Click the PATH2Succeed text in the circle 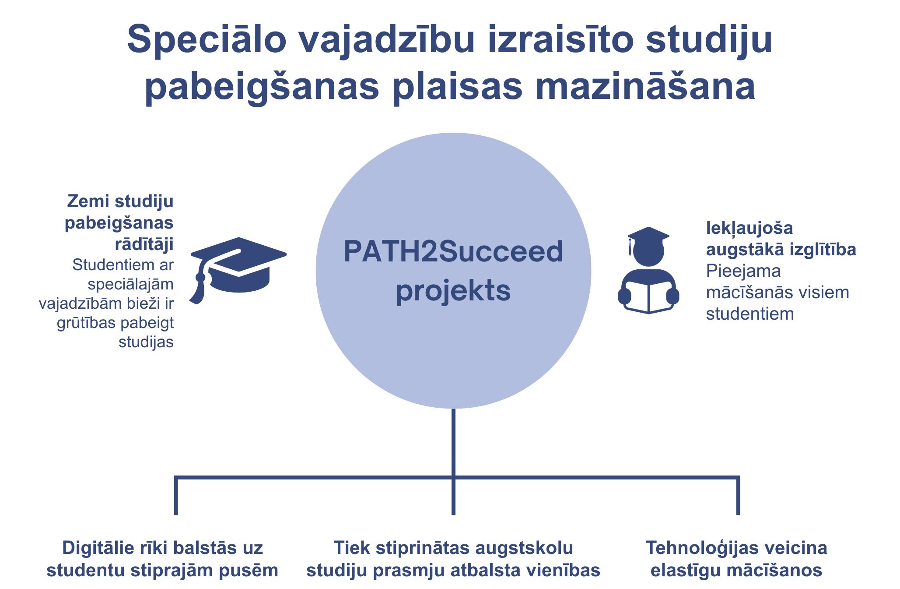click(x=453, y=252)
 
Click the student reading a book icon click(x=648, y=270)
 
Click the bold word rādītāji click(x=144, y=244)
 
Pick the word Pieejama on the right click(x=743, y=272)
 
